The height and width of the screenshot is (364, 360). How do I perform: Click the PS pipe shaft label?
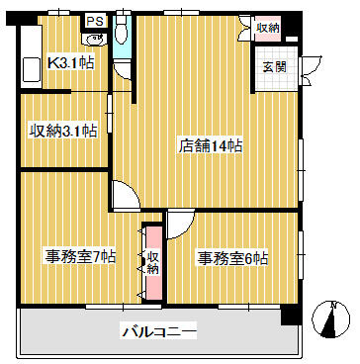pyautogui.click(x=95, y=21)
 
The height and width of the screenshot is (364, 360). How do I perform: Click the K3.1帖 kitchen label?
pyautogui.click(x=70, y=62)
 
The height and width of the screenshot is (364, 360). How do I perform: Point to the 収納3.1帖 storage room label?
pyautogui.click(x=64, y=131)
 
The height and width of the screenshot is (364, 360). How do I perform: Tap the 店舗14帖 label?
pyautogui.click(x=211, y=146)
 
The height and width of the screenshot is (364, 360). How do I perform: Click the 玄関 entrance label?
pyautogui.click(x=274, y=67)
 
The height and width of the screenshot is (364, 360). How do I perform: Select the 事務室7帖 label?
pyautogui.click(x=80, y=257)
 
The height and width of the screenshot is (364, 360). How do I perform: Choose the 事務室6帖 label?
pyautogui.click(x=232, y=259)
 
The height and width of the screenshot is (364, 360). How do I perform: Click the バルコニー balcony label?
pyautogui.click(x=160, y=330)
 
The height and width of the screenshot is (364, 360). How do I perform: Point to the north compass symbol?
pyautogui.click(x=330, y=319)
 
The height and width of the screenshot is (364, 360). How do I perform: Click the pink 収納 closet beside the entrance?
pyautogui.click(x=268, y=29)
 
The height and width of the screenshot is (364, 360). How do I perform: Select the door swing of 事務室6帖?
pyautogui.click(x=181, y=225)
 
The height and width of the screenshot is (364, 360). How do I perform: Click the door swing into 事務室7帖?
pyautogui.click(x=127, y=195)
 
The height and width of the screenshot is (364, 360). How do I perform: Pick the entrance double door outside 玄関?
pyautogui.click(x=310, y=71)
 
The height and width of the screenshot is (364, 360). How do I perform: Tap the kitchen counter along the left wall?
pyautogui.click(x=31, y=56)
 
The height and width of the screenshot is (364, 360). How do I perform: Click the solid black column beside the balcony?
pyautogui.click(x=291, y=315)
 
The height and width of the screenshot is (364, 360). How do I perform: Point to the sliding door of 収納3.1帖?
pyautogui.click(x=110, y=114)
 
